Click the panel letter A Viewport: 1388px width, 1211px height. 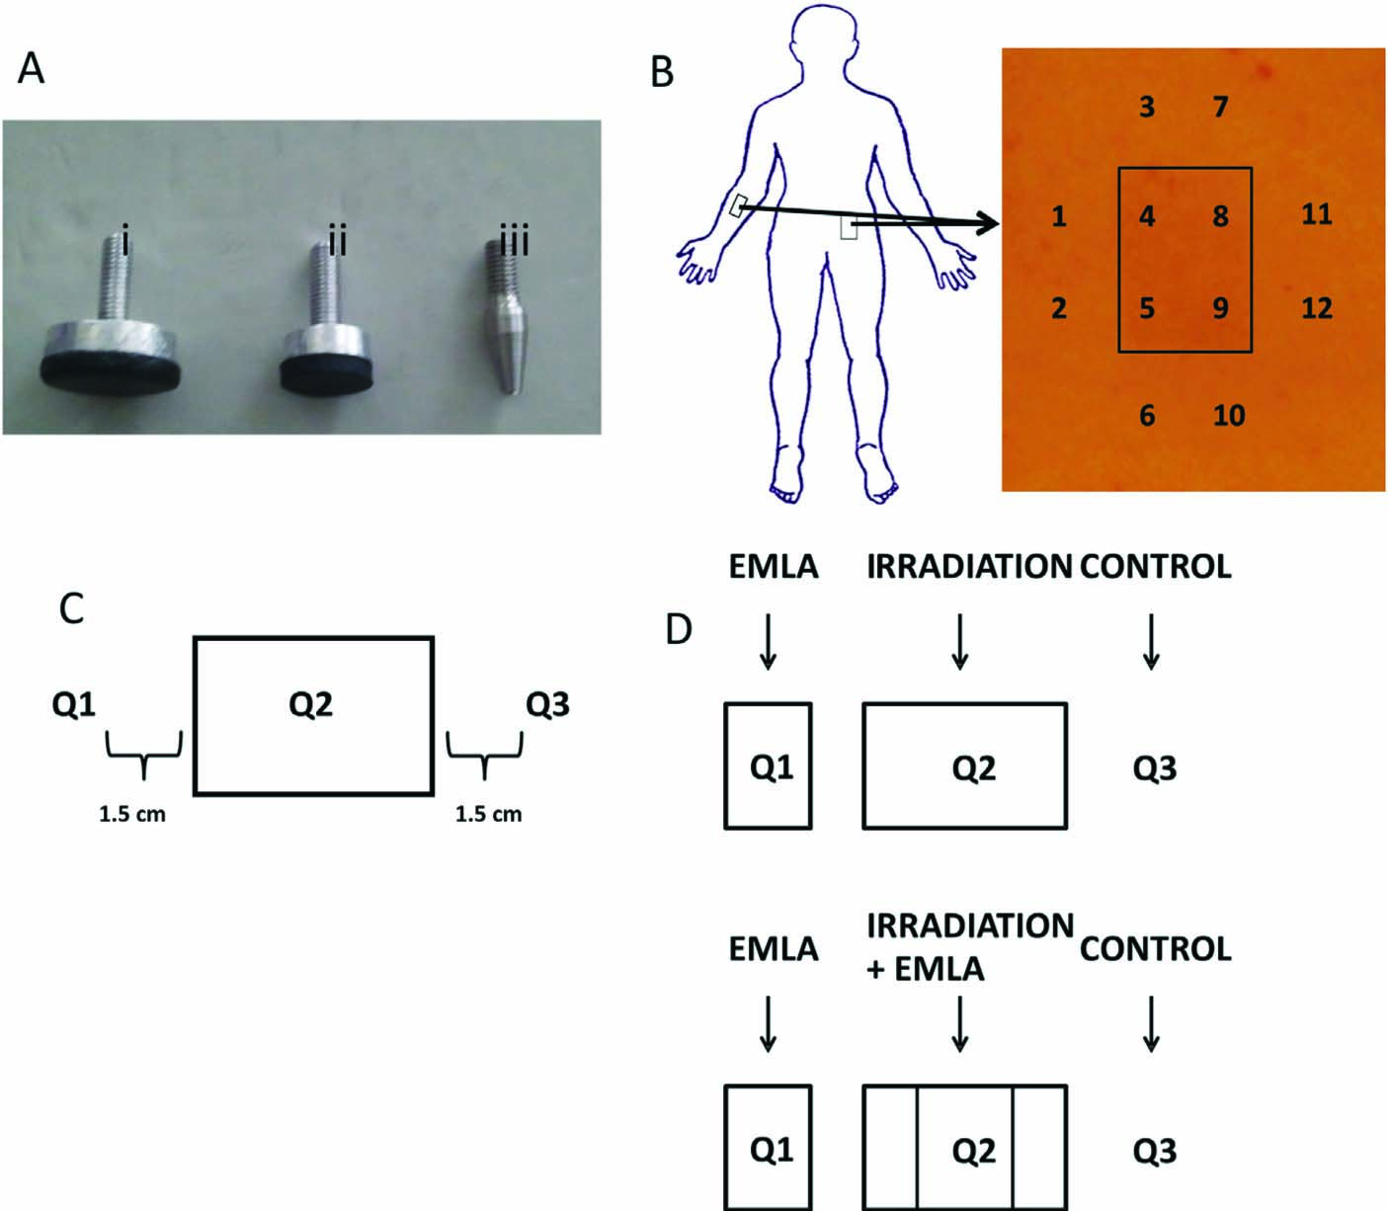[31, 69]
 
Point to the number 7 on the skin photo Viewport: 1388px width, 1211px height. [1220, 106]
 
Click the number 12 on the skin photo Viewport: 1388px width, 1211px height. [1316, 308]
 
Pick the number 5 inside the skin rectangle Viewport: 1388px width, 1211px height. [1146, 308]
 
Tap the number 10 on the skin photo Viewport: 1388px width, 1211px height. [1228, 415]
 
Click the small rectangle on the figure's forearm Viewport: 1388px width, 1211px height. [737, 205]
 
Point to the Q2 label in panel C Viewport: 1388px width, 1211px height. [310, 704]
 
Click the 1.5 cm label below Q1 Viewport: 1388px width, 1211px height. [131, 815]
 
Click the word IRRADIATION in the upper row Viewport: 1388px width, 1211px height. [968, 566]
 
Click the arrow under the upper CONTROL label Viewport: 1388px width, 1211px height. [1151, 644]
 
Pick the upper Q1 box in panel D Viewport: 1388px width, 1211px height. [768, 766]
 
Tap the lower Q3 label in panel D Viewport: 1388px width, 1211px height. [1154, 1151]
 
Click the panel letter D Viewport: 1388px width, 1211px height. [678, 628]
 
